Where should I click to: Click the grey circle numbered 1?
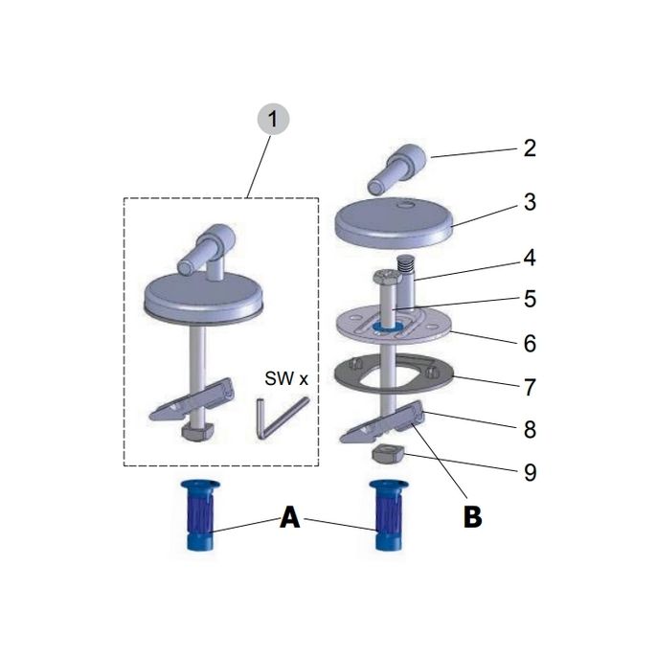point(274,122)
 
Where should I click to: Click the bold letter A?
point(290,518)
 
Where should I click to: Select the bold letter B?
point(472,518)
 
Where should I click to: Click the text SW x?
point(287,379)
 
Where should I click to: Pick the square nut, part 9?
point(386,451)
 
